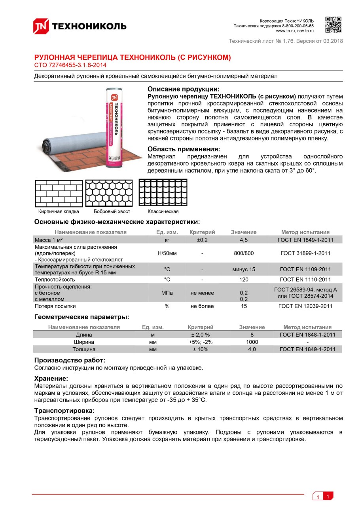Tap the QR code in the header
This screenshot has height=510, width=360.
point(333,25)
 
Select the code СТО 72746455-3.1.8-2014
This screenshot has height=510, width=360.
point(70,65)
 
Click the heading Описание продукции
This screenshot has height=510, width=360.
point(183,89)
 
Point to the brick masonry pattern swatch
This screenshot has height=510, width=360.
point(59,193)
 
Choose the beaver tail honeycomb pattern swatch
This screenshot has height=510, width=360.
point(109,193)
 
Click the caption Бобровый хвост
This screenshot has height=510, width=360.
point(112,211)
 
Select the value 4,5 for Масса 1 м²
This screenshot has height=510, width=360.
point(244,240)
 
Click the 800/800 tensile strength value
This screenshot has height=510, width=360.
point(244,253)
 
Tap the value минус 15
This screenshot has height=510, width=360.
point(244,270)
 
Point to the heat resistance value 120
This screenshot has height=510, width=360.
point(244,280)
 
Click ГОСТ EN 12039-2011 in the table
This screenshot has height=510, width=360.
point(305,306)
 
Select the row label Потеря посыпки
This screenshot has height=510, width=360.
point(55,306)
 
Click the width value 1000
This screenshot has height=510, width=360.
point(252,342)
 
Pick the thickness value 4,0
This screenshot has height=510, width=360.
point(252,350)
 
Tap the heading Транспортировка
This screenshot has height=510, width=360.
point(64,411)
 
